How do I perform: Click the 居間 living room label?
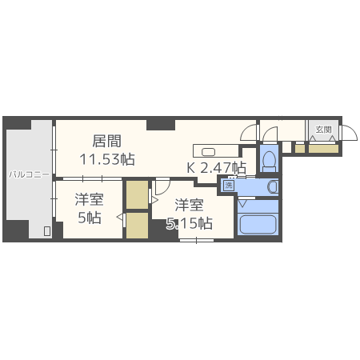coord(106,141)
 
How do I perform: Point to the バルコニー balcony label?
coord(29,173)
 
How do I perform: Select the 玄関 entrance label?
coord(323,129)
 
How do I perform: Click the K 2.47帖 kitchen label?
coord(216,168)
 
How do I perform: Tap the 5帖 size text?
coord(89,218)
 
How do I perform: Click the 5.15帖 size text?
coord(190,223)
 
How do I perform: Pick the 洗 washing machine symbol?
coord(229,186)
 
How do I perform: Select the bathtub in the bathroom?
coord(257,223)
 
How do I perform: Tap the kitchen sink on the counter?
coord(208,150)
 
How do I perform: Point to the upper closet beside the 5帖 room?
coord(137,194)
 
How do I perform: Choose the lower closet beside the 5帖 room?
coord(137,226)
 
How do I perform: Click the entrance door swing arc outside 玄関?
coord(350,133)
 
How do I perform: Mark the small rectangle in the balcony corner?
coord(47,232)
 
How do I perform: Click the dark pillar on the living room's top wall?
coord(161,124)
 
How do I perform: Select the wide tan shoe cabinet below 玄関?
coord(323,148)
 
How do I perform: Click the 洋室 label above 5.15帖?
coord(188,204)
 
